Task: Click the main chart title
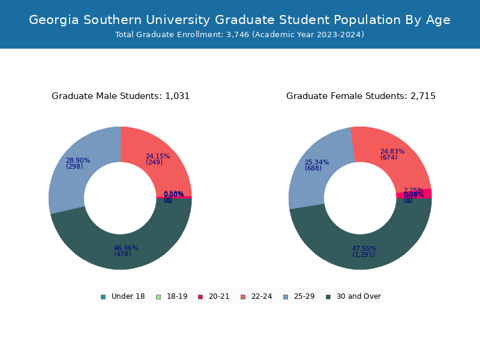[239, 20]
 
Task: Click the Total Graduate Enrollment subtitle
[239, 35]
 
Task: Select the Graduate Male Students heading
[121, 96]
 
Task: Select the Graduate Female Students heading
[361, 96]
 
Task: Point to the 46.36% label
[126, 248]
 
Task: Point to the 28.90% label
[78, 161]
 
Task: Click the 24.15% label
[158, 157]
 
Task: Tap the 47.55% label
[364, 248]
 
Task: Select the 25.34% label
[317, 163]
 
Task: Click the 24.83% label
[392, 152]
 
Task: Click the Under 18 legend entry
[123, 296]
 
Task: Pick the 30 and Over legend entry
[353, 296]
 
